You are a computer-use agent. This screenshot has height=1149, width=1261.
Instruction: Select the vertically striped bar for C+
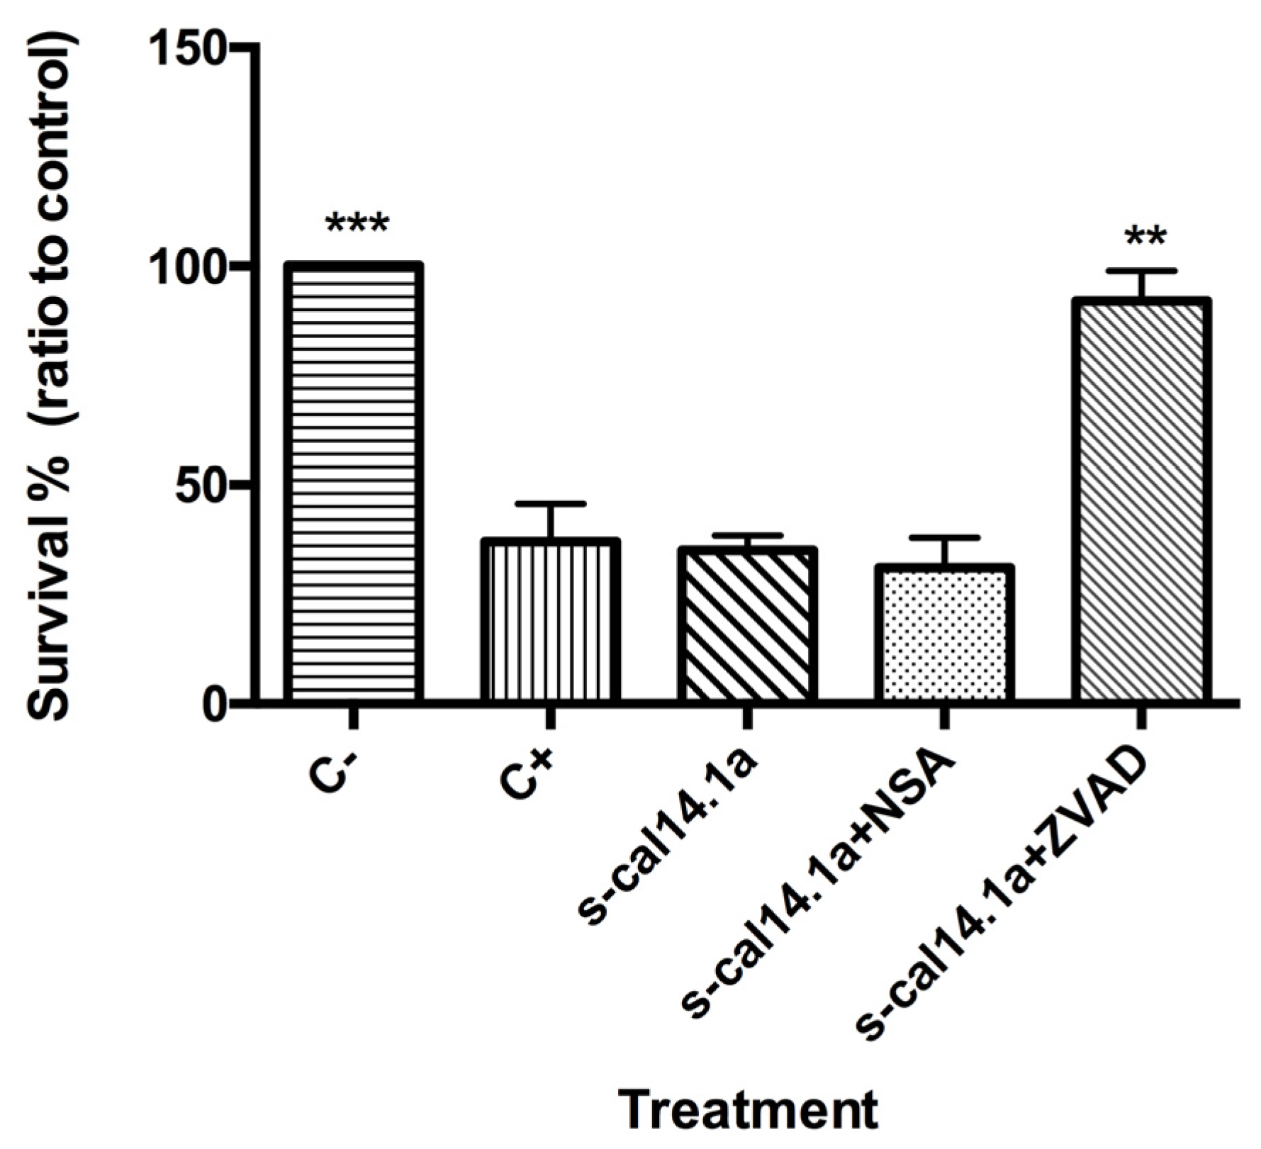click(550, 620)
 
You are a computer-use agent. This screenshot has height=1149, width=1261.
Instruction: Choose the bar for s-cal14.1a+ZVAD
click(1140, 500)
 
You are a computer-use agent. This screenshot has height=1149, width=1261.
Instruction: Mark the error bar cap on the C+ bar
click(550, 504)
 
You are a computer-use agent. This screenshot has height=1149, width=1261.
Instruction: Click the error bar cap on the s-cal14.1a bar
click(746, 535)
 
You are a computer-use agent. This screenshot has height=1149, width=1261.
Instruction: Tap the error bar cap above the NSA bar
click(943, 538)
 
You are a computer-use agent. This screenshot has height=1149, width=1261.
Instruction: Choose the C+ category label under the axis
click(528, 776)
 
